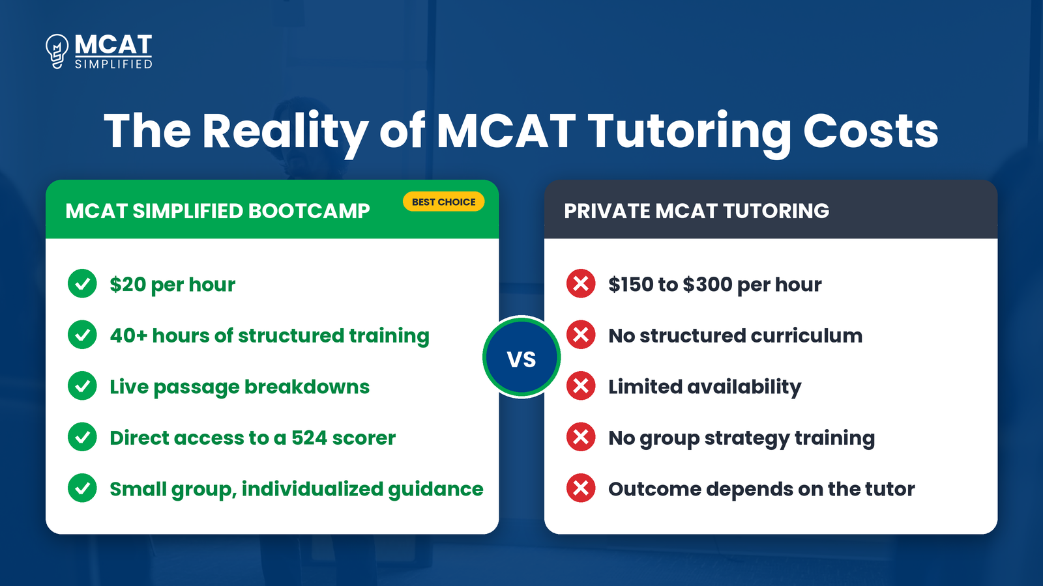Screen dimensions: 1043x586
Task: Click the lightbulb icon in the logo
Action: pyautogui.click(x=57, y=51)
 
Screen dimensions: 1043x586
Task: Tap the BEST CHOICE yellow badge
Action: pyautogui.click(x=444, y=202)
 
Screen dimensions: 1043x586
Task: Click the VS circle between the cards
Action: pyautogui.click(x=521, y=357)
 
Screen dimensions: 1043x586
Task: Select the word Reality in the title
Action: pyautogui.click(x=285, y=133)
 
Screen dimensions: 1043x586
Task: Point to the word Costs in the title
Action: pyautogui.click(x=871, y=132)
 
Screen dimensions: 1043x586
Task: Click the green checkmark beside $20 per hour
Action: pyautogui.click(x=82, y=284)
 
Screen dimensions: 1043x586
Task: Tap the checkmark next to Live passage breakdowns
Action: pyautogui.click(x=82, y=386)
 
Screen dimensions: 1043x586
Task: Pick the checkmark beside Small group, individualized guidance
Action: pyautogui.click(x=82, y=488)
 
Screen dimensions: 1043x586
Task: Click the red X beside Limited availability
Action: pyautogui.click(x=581, y=386)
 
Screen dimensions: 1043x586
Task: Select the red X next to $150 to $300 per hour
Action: pyautogui.click(x=581, y=284)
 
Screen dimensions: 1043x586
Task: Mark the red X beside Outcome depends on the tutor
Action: pyautogui.click(x=581, y=488)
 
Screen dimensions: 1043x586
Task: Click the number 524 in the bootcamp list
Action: pyautogui.click(x=309, y=438)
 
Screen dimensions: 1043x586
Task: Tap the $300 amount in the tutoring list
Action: pyautogui.click(x=707, y=285)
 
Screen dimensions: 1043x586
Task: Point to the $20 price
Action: pyautogui.click(x=128, y=285)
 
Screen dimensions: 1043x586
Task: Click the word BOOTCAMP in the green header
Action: pyautogui.click(x=309, y=211)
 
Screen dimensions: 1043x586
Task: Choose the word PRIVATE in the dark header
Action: pyautogui.click(x=607, y=211)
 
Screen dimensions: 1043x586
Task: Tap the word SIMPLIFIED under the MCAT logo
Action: pyautogui.click(x=113, y=64)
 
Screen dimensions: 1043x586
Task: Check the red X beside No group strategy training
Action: pyautogui.click(x=581, y=437)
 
